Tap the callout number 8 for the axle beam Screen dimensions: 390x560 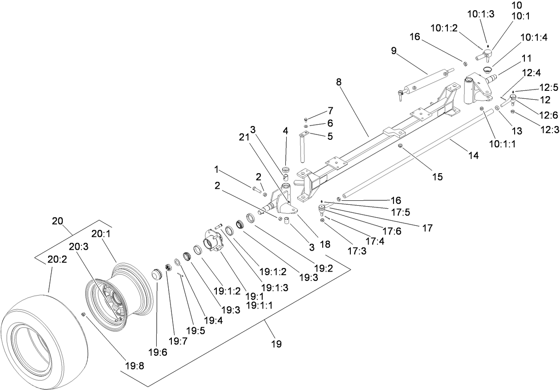(x=340, y=82)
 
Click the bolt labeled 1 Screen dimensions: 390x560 (x=256, y=189)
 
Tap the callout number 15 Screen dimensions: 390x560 (x=437, y=177)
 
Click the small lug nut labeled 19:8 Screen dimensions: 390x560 (x=83, y=315)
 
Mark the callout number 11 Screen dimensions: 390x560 (x=527, y=58)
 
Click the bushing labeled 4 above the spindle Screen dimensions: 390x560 (x=286, y=169)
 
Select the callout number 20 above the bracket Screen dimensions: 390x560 (x=58, y=220)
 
